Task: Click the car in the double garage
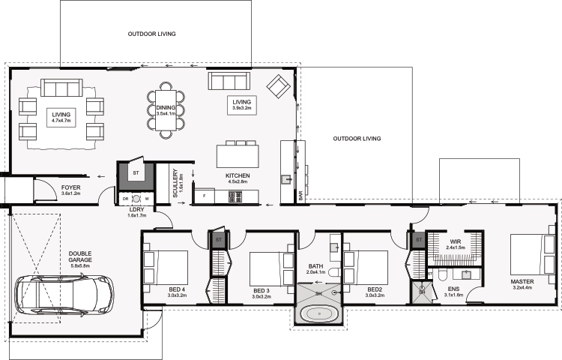64,295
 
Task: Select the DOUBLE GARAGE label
80,256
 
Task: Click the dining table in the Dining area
166,110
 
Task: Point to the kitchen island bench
238,156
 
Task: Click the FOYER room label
71,187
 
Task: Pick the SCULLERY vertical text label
175,183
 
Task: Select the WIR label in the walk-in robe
456,241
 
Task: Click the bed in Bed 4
166,268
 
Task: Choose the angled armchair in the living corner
278,86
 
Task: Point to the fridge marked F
205,196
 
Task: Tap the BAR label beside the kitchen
300,196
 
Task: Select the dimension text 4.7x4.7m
61,121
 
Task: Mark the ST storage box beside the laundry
136,173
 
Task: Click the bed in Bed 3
272,268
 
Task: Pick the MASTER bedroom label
522,282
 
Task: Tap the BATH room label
315,266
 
